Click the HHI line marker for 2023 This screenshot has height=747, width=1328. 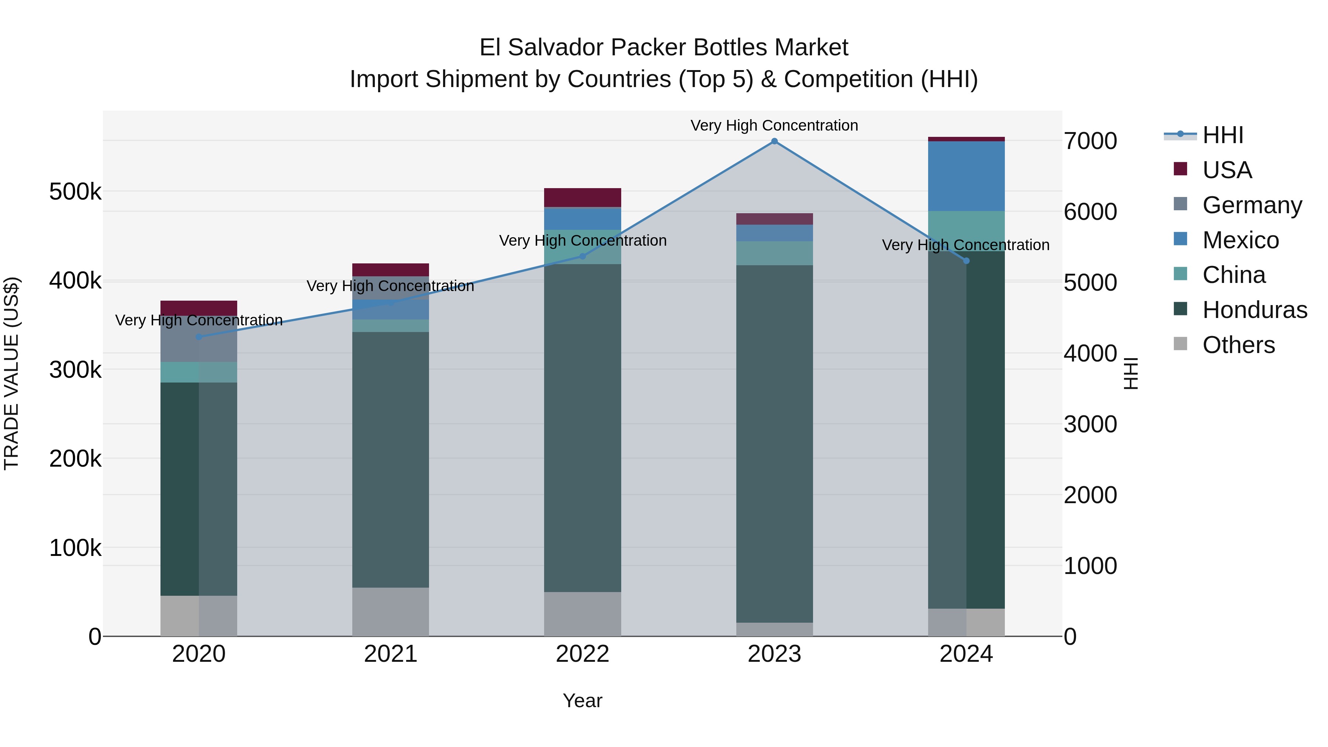(774, 141)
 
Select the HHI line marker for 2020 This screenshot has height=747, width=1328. (199, 337)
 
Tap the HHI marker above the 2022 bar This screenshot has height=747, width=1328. (582, 256)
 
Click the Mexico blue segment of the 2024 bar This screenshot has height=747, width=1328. (966, 176)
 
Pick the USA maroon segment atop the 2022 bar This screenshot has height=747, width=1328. (582, 197)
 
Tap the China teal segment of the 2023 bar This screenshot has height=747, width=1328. (774, 253)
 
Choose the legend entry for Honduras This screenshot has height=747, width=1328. (1254, 310)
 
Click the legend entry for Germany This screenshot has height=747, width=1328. (1252, 205)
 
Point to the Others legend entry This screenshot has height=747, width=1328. (1238, 345)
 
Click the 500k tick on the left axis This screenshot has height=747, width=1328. (75, 192)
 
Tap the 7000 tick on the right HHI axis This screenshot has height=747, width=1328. (1090, 141)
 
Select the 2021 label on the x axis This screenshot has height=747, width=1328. (390, 654)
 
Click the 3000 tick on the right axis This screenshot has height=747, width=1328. (1090, 424)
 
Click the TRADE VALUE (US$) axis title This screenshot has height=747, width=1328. (11, 373)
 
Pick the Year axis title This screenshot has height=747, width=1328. (582, 701)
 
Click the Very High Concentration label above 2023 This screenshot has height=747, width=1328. (774, 125)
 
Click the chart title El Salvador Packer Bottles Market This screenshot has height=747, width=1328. (664, 48)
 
